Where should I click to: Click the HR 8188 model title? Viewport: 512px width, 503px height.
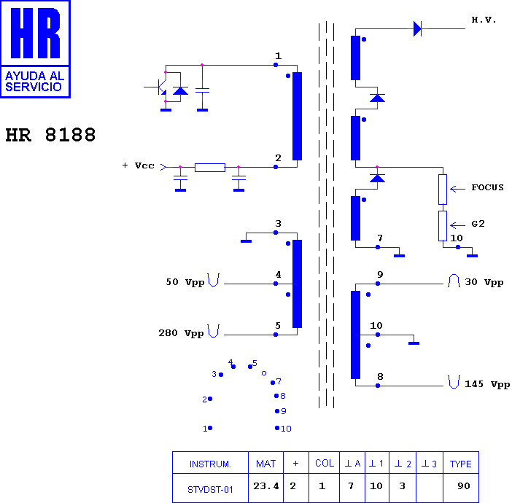click(x=50, y=135)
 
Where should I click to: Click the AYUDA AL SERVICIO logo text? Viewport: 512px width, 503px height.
click(x=35, y=81)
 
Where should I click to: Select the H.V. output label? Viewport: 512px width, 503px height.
click(x=484, y=20)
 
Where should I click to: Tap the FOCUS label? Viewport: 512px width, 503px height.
click(x=487, y=187)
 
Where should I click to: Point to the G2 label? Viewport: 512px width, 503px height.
click(x=478, y=224)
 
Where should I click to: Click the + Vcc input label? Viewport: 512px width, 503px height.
click(x=138, y=165)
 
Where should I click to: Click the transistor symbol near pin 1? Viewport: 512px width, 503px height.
click(x=160, y=87)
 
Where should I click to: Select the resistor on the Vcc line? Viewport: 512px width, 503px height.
click(x=210, y=168)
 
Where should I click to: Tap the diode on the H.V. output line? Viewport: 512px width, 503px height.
click(x=417, y=28)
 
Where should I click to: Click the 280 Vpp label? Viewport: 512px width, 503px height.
click(x=181, y=333)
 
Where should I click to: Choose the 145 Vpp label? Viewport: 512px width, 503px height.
click(x=487, y=384)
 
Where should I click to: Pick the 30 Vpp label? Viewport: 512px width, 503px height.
click(x=484, y=282)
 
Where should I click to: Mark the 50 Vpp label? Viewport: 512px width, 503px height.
click(x=185, y=282)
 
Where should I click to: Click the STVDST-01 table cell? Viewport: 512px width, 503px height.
click(x=210, y=490)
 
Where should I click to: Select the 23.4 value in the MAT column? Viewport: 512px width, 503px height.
click(x=266, y=486)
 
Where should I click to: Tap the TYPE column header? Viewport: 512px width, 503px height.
click(x=460, y=464)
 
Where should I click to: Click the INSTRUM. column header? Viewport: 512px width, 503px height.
click(x=210, y=464)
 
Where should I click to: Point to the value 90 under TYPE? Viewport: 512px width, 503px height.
click(x=464, y=486)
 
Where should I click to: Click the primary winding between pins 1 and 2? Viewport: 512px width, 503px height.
click(x=297, y=116)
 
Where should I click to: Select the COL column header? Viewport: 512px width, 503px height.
click(x=325, y=463)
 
